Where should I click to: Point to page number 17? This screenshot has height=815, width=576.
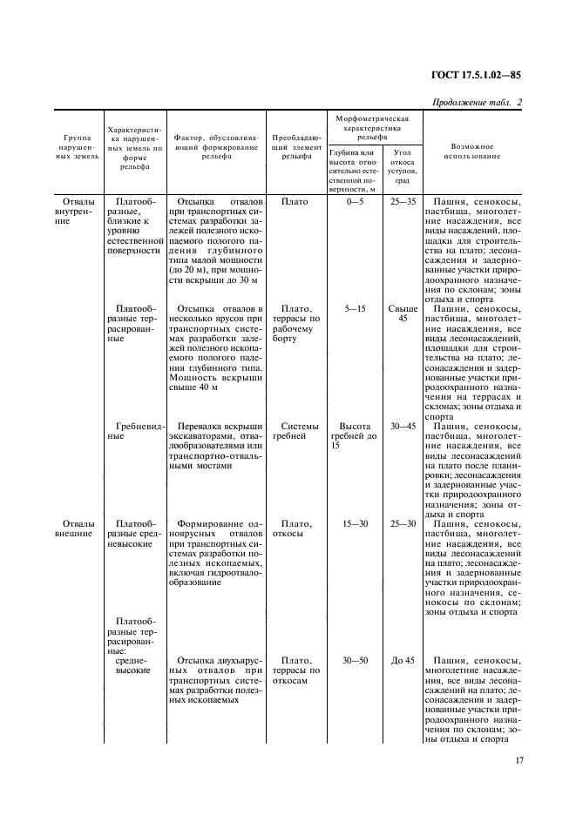(519, 761)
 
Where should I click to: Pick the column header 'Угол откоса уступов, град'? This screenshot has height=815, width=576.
(403, 166)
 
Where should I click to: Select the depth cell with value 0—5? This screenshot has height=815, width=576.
(353, 201)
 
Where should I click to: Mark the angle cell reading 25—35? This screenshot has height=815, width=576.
(403, 201)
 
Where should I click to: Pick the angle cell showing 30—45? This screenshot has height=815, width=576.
(403, 426)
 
